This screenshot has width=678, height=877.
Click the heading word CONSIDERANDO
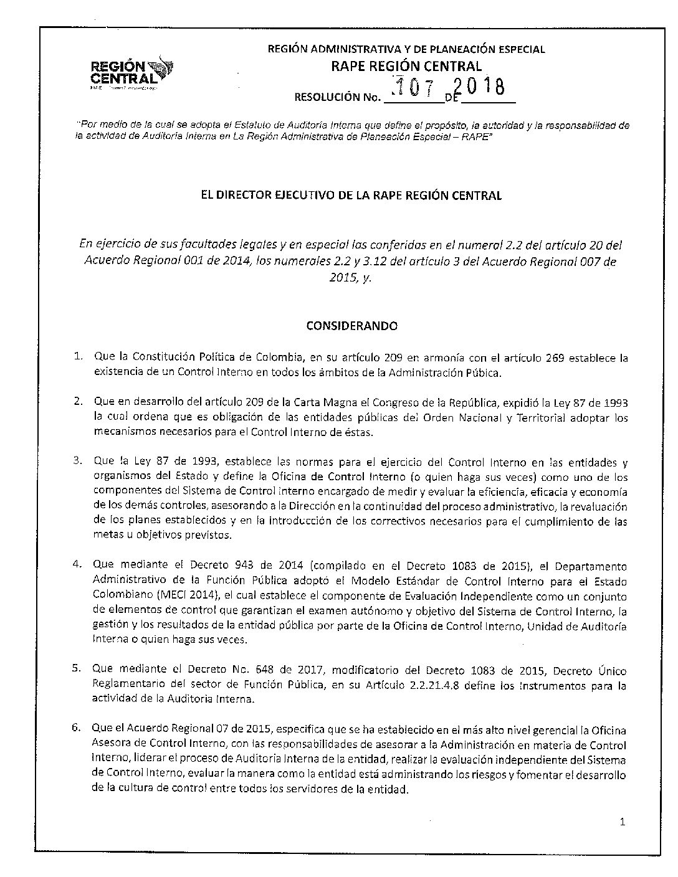click(x=351, y=325)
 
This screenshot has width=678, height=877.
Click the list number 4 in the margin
click(x=78, y=565)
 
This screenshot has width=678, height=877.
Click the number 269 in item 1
click(x=558, y=358)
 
